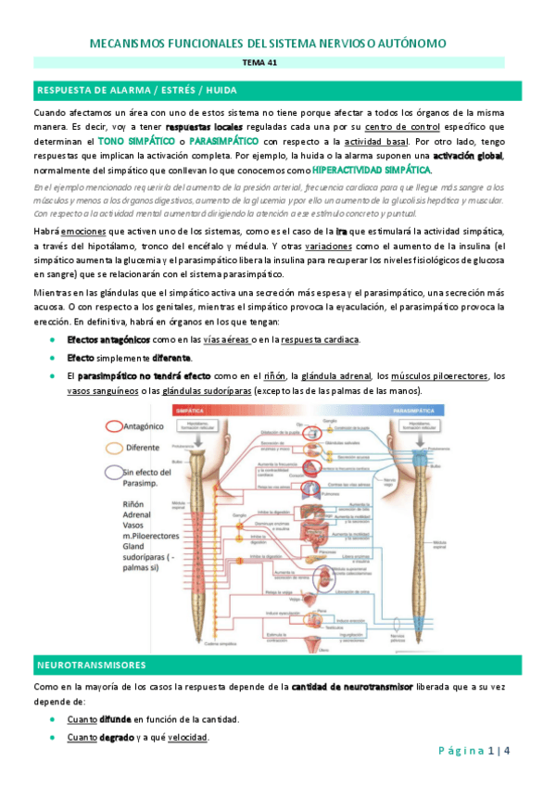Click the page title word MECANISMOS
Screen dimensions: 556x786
(x=134, y=44)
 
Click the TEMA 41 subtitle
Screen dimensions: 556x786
(x=278, y=63)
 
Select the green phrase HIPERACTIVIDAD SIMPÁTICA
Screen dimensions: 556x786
(x=372, y=171)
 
